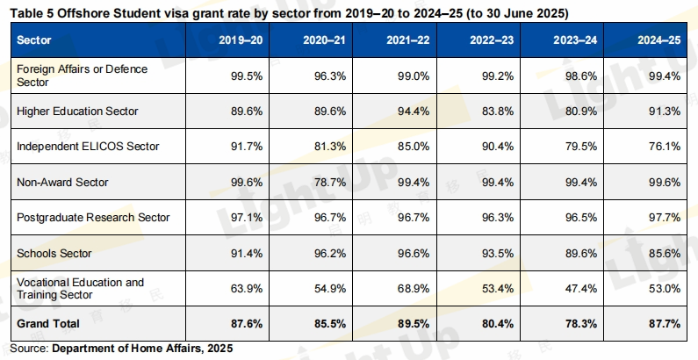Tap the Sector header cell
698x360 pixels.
[34, 40]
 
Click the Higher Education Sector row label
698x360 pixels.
[78, 112]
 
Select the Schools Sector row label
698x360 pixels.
[54, 253]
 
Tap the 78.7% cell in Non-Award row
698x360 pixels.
[328, 182]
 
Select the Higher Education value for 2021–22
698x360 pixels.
[413, 112]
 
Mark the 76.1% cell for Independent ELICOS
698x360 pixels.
[666, 147]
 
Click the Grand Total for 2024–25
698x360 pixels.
[665, 323]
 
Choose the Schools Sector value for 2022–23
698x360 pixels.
[497, 253]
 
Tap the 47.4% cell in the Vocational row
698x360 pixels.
[581, 288]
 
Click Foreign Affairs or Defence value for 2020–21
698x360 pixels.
[328, 76]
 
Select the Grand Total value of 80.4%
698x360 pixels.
[496, 323]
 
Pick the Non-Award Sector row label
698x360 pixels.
[61, 182]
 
